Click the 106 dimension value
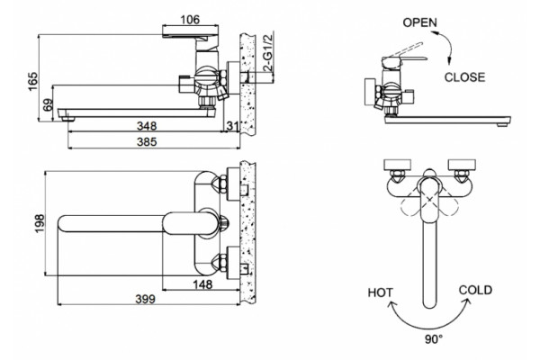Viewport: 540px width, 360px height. pyautogui.click(x=190, y=20)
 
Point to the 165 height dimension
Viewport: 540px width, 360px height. pyautogui.click(x=33, y=81)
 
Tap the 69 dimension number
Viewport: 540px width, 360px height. pyautogui.click(x=49, y=104)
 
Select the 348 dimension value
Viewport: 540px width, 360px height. pyautogui.click(x=147, y=126)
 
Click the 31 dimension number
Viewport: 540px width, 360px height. pyautogui.click(x=232, y=126)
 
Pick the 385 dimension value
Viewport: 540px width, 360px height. pyautogui.click(x=147, y=141)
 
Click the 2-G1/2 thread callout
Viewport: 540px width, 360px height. pyautogui.click(x=268, y=52)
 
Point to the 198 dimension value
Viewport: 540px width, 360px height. pyautogui.click(x=40, y=223)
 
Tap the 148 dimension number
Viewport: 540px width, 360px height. pyautogui.click(x=202, y=284)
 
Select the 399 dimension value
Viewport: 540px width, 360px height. pyautogui.click(x=145, y=300)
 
